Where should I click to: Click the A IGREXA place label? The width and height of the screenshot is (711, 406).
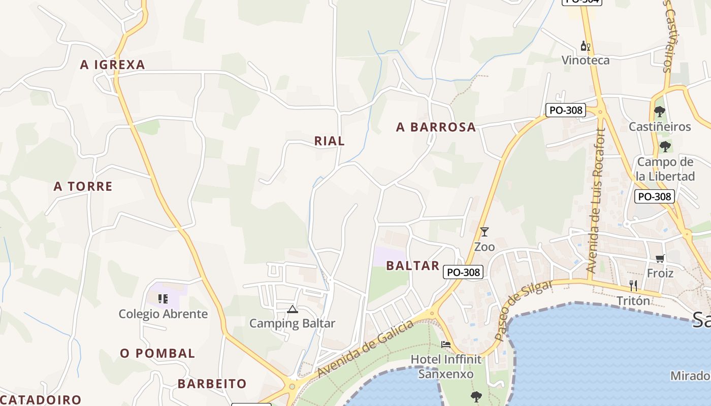(x=113, y=64)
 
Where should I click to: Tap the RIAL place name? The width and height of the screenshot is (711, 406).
(x=329, y=141)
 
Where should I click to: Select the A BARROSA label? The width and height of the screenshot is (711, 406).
(x=436, y=127)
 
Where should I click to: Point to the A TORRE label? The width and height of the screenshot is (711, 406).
(x=83, y=186)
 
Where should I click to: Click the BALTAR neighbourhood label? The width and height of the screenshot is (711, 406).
(x=412, y=265)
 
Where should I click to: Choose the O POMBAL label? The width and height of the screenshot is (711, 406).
(x=157, y=353)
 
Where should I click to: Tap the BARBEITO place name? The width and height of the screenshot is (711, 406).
(x=212, y=384)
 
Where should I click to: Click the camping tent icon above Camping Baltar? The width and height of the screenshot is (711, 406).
(x=292, y=309)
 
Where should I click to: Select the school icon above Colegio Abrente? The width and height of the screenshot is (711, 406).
(x=163, y=299)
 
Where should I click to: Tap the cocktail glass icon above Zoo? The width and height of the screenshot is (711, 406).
(x=484, y=232)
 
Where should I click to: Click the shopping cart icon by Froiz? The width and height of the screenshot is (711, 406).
(x=660, y=259)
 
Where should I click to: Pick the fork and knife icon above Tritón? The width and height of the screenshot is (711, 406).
(x=633, y=286)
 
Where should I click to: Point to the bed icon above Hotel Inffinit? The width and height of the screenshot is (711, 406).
(x=446, y=344)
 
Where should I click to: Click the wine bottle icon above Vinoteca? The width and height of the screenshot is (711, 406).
(x=585, y=46)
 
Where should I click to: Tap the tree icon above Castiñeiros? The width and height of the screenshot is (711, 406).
(x=660, y=111)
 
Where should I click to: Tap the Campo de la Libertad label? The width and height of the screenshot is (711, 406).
(x=665, y=170)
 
